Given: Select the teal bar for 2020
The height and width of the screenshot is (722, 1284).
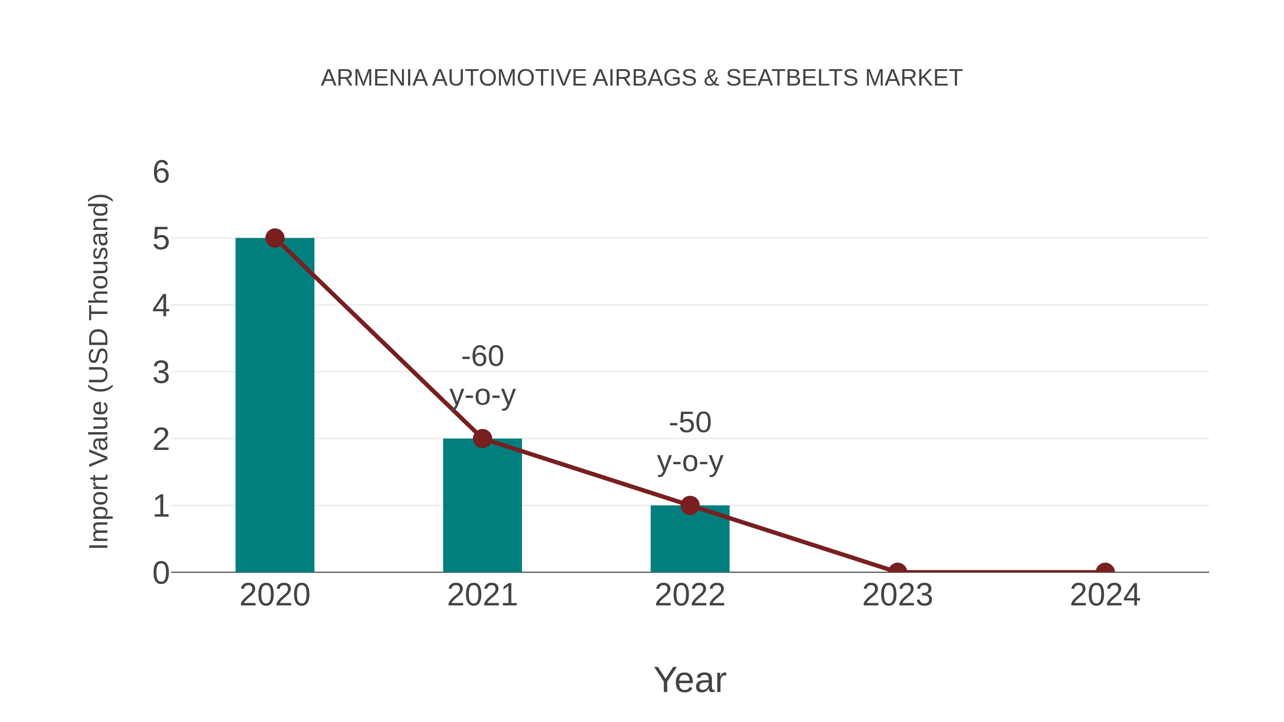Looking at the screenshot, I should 275,405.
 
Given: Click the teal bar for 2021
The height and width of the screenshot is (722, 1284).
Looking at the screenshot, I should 482,505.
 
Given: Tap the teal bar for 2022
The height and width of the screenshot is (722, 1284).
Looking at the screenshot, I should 689,539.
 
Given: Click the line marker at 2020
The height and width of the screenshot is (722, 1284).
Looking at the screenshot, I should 275,238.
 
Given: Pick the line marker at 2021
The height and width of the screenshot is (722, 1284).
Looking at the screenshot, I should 482,439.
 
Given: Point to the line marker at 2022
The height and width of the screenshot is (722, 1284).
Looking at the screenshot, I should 689,505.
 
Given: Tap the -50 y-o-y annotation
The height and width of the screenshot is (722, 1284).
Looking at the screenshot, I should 690,442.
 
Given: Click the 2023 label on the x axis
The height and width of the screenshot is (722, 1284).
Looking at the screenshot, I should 897,595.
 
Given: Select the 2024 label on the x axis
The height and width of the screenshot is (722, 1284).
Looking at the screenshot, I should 1105,595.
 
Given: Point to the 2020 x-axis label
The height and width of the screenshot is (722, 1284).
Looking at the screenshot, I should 275,595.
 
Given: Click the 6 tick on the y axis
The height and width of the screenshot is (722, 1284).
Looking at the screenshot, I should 161,173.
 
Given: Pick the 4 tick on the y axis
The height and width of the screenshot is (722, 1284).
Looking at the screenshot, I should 161,306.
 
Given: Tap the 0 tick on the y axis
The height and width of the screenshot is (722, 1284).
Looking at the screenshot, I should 161,573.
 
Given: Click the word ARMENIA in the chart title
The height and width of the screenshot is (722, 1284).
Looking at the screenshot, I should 374,78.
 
